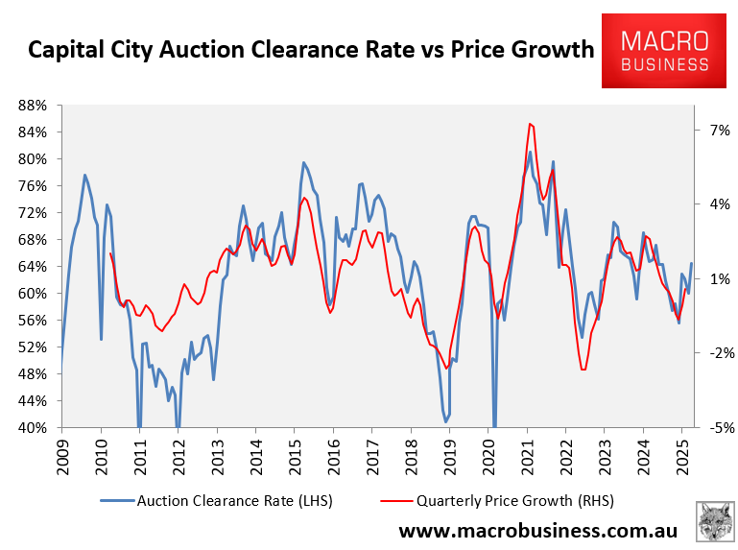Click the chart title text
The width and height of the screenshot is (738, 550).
click(311, 49)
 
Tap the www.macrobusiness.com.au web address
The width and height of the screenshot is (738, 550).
click(538, 530)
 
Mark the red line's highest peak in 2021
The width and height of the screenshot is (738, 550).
click(530, 123)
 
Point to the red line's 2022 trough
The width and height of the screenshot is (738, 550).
click(583, 370)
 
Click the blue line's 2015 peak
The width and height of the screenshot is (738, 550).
click(303, 162)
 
